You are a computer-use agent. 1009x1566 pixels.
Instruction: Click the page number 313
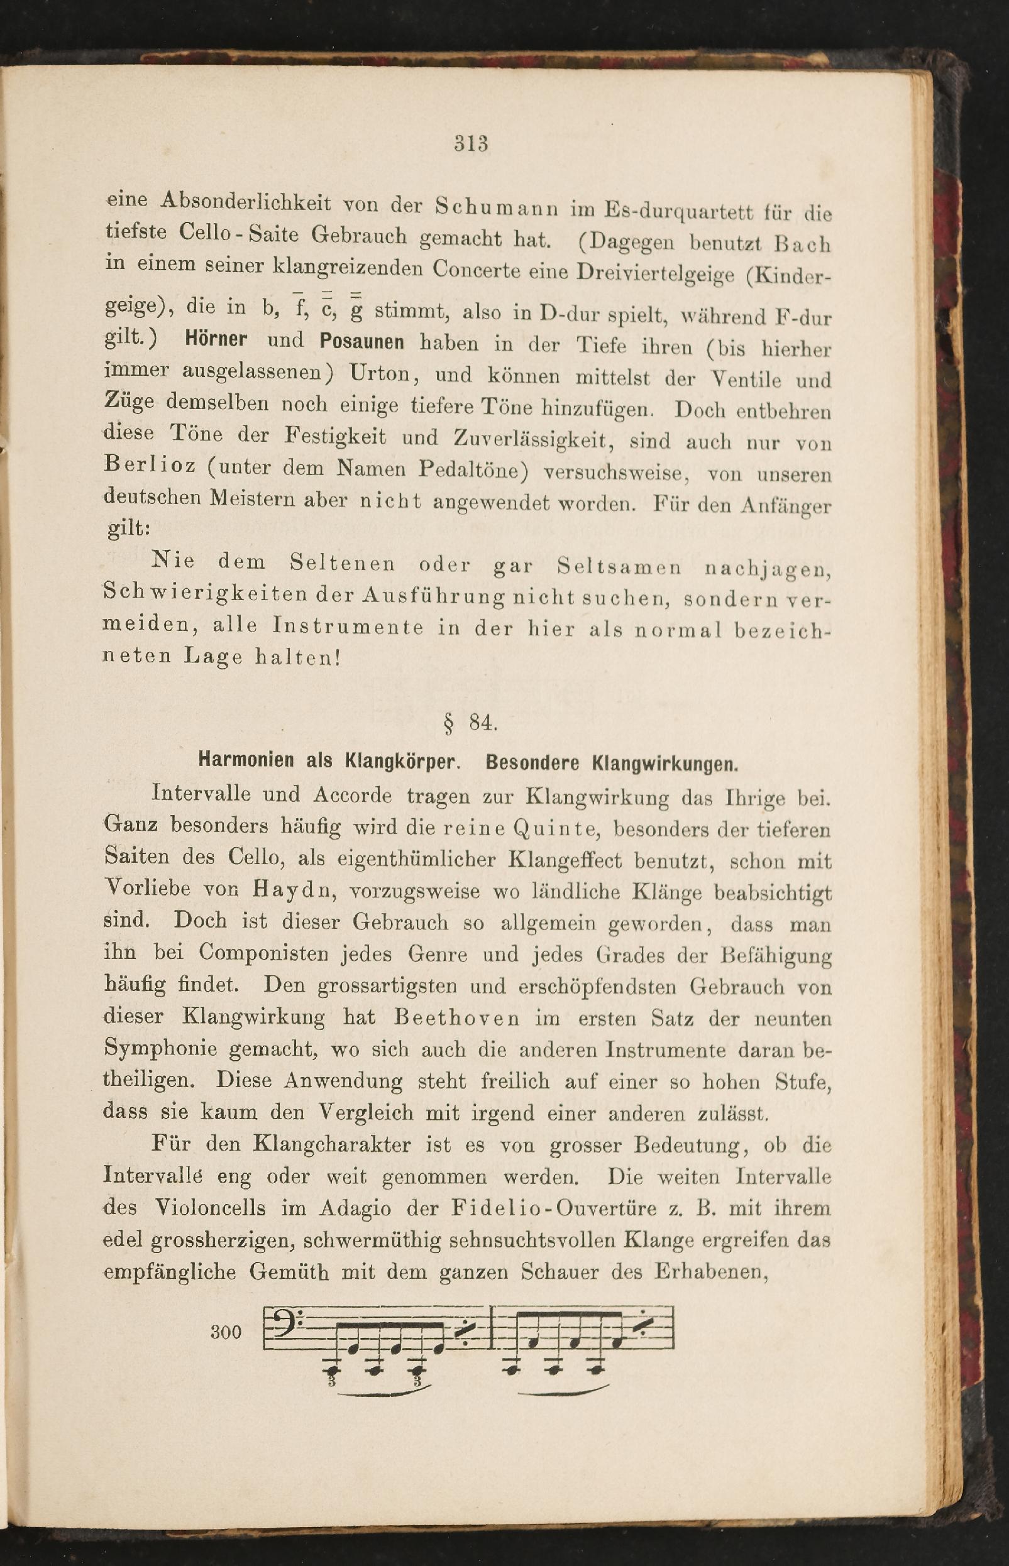(x=471, y=143)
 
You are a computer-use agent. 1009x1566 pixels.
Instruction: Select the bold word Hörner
(x=216, y=339)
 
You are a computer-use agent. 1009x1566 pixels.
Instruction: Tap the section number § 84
(x=470, y=723)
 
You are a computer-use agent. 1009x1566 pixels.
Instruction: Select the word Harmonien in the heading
(x=246, y=760)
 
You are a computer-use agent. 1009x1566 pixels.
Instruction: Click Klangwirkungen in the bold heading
(x=664, y=764)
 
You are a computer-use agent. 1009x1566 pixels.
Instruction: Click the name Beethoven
(x=456, y=1018)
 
